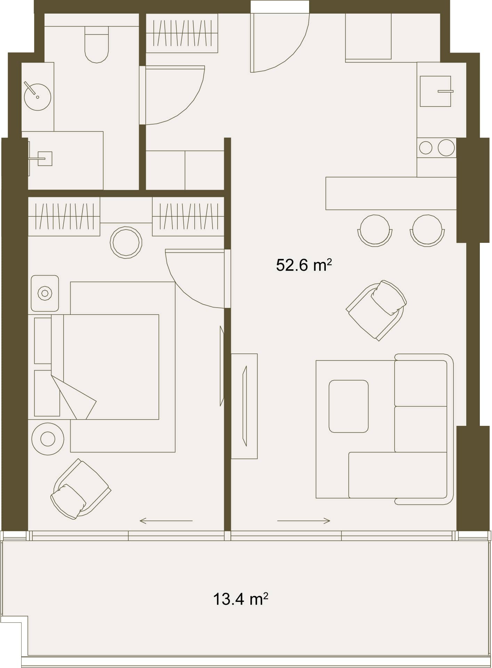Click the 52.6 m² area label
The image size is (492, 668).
pos(304,265)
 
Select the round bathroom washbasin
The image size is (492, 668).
pos(38,97)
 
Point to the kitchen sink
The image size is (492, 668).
pos(435,91)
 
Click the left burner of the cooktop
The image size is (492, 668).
pos(426,148)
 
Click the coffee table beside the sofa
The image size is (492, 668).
pos(348,406)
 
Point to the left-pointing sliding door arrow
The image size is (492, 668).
pos(166,521)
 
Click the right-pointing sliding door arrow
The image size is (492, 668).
pos(304,521)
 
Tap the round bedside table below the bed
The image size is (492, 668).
pos(48,439)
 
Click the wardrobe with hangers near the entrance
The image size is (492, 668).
pos(182,33)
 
